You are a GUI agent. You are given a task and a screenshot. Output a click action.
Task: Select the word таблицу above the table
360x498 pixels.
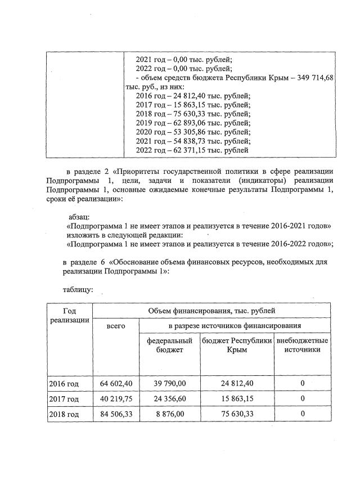[78, 290]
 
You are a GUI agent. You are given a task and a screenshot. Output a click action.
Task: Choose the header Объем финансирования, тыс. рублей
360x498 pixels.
[211, 311]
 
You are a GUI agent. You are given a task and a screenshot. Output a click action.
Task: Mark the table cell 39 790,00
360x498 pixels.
[169, 384]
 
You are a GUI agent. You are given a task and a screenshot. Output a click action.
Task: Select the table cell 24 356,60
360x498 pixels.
[169, 399]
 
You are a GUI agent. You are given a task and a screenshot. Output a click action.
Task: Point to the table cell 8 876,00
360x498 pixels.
[169, 414]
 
